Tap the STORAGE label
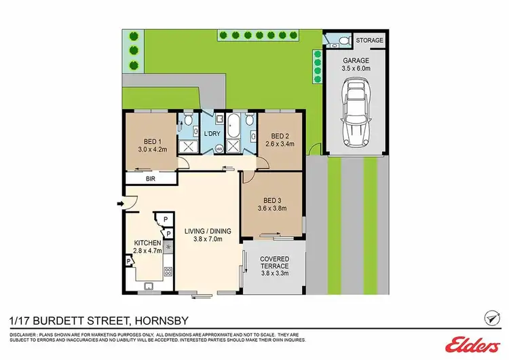[x=370, y=41]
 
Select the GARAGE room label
[x=356, y=59]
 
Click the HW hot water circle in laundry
[x=219, y=149]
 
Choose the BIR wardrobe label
[x=150, y=179]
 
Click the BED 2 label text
[x=275, y=134]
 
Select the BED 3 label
[x=272, y=200]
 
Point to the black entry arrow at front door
[x=119, y=202]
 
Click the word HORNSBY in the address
[x=166, y=320]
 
